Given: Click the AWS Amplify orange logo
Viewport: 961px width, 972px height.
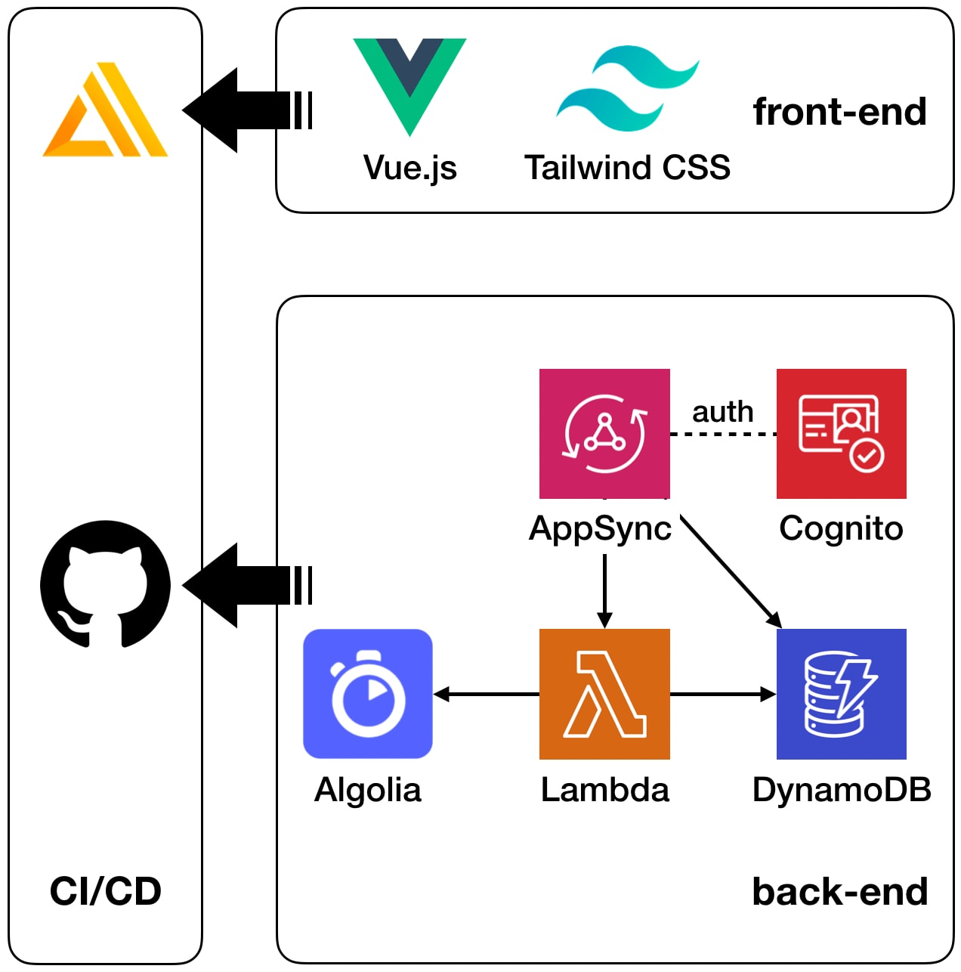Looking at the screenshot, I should (105, 111).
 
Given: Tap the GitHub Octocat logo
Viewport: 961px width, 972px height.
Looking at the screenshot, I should (105, 584).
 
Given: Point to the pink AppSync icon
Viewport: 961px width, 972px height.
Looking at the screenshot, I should (604, 433).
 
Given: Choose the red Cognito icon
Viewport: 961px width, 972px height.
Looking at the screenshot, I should (841, 433).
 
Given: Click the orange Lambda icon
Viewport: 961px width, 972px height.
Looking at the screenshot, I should (604, 694).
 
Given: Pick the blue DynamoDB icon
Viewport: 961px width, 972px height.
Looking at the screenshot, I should (841, 694).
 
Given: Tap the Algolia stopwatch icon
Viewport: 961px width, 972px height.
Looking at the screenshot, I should (368, 694).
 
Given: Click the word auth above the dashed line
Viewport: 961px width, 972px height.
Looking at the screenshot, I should (722, 412).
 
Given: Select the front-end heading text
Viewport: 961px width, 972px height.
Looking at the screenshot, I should (839, 112).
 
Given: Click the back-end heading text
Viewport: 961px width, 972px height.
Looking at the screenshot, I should (839, 892).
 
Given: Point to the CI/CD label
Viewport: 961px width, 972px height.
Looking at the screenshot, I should (105, 892).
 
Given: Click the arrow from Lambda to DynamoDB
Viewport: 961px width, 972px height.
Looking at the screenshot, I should (722, 694).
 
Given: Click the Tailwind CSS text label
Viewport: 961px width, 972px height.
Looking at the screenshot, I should (627, 168).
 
